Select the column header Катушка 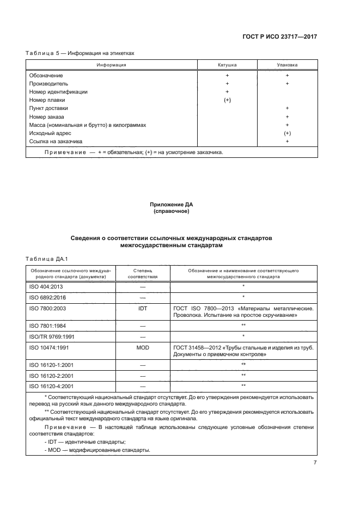point(227,65)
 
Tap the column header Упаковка point(286,65)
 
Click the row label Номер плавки point(47,100)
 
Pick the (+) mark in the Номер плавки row point(227,100)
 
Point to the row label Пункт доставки point(48,108)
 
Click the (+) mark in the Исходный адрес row point(286,133)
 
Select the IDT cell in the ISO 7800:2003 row point(143,308)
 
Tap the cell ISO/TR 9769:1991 point(52,336)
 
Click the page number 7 point(315,462)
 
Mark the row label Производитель point(48,84)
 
